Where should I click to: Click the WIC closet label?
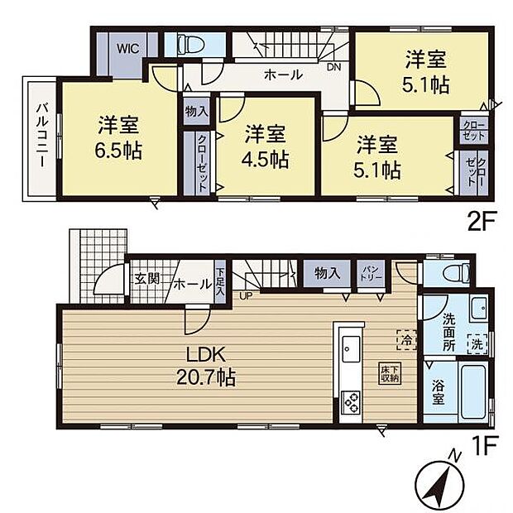[x=126, y=47]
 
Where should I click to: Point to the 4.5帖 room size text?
[x=266, y=159]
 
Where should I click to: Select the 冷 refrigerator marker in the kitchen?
[x=406, y=339]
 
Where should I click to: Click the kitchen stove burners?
[x=349, y=403]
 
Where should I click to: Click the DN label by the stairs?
[x=333, y=68]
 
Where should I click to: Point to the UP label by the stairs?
[x=245, y=295]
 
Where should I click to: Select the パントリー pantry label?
[x=367, y=273]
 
